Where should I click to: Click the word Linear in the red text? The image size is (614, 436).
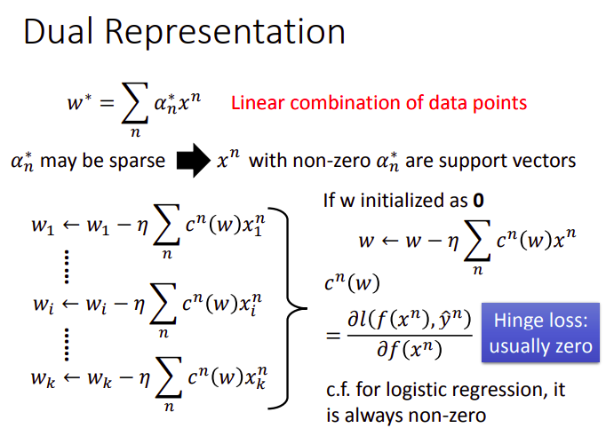(x=256, y=102)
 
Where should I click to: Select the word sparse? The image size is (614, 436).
(x=133, y=162)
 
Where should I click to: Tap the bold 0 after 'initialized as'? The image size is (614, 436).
(x=478, y=201)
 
